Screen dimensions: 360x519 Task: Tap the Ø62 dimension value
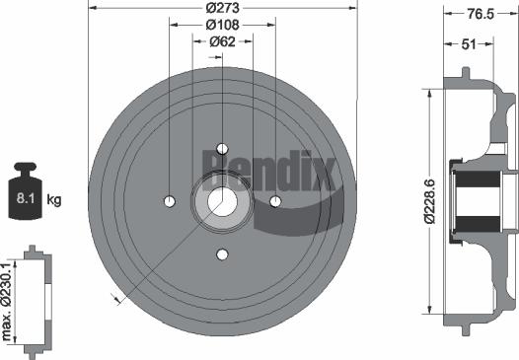tap(222, 41)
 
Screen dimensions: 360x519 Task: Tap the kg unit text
tap(55, 200)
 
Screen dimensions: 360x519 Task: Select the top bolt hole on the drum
tap(222, 148)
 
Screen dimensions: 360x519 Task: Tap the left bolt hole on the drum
tap(169, 201)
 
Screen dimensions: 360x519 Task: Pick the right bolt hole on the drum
tap(275, 201)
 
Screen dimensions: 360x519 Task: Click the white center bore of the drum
tap(222, 201)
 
